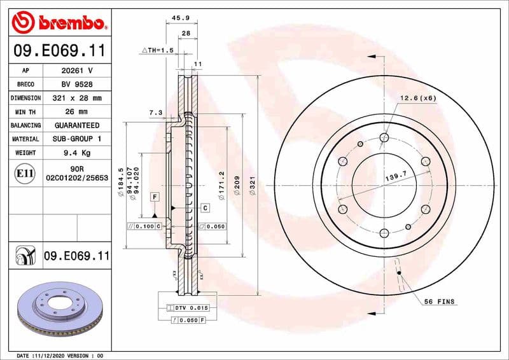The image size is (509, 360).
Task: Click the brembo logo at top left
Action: (x=58, y=23)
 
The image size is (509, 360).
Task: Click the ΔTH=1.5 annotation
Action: (x=157, y=50)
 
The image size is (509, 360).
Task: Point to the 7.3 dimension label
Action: (x=155, y=113)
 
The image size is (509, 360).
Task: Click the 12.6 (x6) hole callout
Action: (x=418, y=98)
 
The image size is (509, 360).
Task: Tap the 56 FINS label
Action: (x=439, y=301)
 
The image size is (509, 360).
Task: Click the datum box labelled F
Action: (x=155, y=197)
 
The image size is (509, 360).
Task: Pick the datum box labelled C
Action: (x=205, y=208)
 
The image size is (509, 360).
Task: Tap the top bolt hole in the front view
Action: (x=384, y=137)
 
